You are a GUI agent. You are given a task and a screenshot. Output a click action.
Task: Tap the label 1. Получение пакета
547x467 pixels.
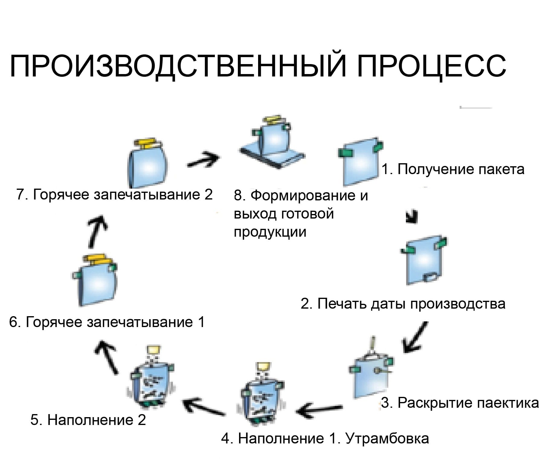pyautogui.click(x=453, y=169)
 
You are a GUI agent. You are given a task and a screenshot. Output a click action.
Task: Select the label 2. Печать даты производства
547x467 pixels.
pyautogui.click(x=403, y=303)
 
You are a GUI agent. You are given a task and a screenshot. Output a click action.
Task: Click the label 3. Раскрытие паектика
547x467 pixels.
pyautogui.click(x=460, y=403)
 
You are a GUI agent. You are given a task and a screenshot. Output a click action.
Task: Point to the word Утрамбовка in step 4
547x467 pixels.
pyautogui.click(x=387, y=438)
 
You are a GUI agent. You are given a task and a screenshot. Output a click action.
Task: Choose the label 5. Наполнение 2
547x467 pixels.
pyautogui.click(x=88, y=420)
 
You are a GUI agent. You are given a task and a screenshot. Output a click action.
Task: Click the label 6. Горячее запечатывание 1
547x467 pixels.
pyautogui.click(x=107, y=322)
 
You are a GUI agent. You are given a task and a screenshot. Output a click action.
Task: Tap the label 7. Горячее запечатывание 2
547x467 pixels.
pyautogui.click(x=115, y=194)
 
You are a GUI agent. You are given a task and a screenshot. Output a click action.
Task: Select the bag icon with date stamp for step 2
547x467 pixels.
pyautogui.click(x=424, y=260)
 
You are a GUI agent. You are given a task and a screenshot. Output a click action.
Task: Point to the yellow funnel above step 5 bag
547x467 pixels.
pyautogui.click(x=154, y=350)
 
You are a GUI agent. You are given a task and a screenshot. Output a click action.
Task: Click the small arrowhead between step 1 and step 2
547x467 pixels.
pyautogui.click(x=413, y=216)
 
